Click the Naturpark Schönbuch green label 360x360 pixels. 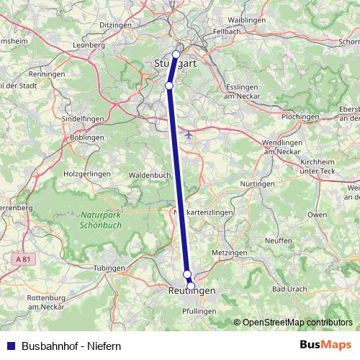tap(102, 219)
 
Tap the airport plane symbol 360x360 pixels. tap(189, 134)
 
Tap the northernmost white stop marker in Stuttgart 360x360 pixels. tap(176, 54)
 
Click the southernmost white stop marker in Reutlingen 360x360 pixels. tap(191, 286)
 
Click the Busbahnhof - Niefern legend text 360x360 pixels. tap(71, 346)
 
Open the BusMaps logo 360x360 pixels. tap(325, 345)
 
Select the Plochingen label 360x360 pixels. tap(300, 116)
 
